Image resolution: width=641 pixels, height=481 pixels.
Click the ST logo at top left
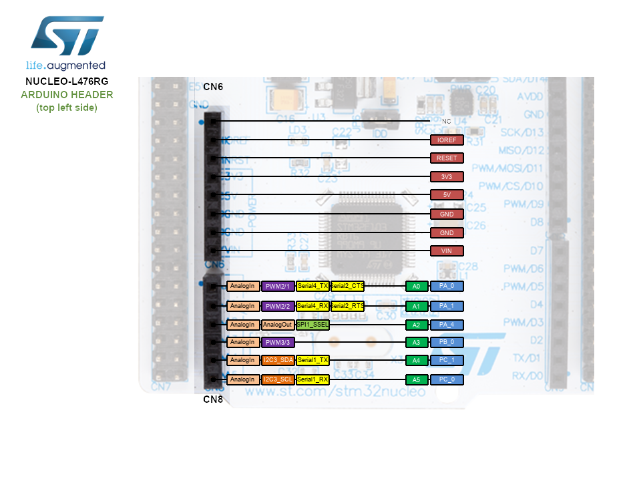(x=67, y=37)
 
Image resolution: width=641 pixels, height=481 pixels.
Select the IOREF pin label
(x=447, y=140)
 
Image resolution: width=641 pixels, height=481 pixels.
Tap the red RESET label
(x=447, y=158)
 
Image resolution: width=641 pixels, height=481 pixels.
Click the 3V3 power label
(x=447, y=177)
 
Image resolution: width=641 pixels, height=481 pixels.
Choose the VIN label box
(x=447, y=251)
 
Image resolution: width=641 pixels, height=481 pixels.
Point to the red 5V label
(x=447, y=195)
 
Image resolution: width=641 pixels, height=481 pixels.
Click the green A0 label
(x=416, y=286)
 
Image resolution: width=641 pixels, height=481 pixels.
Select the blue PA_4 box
(x=447, y=325)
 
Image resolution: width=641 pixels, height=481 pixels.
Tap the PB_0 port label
(x=447, y=342)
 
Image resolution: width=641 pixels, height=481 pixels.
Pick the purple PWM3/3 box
(x=278, y=342)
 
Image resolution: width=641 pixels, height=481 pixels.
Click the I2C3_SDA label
(x=278, y=360)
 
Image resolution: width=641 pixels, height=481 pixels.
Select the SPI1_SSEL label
(x=312, y=325)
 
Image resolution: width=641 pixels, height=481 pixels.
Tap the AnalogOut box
(x=278, y=325)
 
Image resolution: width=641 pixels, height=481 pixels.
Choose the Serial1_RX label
(x=312, y=379)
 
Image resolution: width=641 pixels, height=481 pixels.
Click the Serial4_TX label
(x=312, y=286)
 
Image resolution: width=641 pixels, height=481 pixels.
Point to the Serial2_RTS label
(x=348, y=306)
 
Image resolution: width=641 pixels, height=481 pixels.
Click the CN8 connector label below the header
(x=213, y=399)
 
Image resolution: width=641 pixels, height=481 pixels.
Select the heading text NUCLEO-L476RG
(x=67, y=81)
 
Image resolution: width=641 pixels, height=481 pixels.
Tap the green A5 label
(x=416, y=379)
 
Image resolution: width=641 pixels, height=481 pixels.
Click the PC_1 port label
(x=447, y=360)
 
